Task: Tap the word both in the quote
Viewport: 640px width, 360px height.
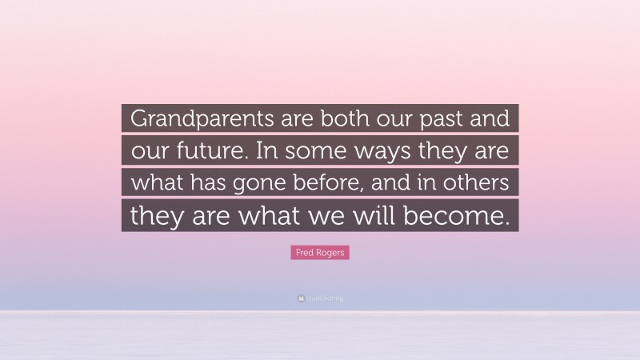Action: (x=321, y=119)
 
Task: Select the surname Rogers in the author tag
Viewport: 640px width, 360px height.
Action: (x=330, y=253)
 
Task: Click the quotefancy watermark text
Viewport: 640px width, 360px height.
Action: (x=325, y=298)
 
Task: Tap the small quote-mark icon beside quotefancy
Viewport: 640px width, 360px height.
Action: (x=301, y=298)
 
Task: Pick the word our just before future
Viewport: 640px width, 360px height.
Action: (x=145, y=151)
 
